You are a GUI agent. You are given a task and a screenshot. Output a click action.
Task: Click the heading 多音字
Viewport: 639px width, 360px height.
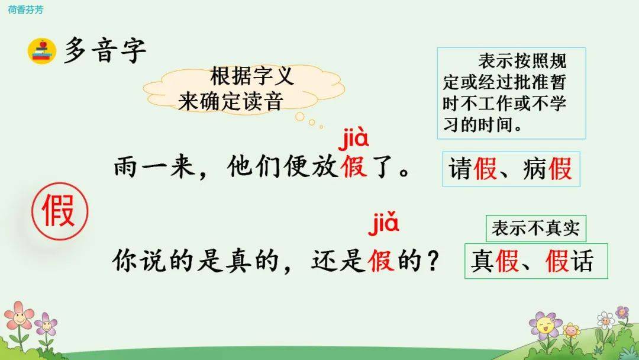pyautogui.click(x=105, y=50)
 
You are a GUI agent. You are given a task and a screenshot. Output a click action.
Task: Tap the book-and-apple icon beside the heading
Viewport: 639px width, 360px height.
pyautogui.click(x=42, y=51)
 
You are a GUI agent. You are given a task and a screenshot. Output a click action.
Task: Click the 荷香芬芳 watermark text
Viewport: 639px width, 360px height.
pyautogui.click(x=25, y=9)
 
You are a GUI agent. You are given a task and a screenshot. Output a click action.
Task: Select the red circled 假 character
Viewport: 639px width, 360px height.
pyautogui.click(x=60, y=211)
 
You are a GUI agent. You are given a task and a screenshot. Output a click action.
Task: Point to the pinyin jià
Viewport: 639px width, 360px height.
pyautogui.click(x=353, y=137)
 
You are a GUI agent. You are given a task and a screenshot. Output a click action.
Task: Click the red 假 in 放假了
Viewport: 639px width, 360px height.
pyautogui.click(x=354, y=166)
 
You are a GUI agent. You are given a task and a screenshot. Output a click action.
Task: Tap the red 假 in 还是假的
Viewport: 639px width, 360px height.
pyautogui.click(x=381, y=260)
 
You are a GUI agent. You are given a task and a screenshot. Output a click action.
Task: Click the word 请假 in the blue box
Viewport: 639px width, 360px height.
pyautogui.click(x=473, y=169)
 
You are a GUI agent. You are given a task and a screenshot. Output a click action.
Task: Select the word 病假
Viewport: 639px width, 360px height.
pyautogui.click(x=548, y=169)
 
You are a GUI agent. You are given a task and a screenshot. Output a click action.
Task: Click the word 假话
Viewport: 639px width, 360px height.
pyautogui.click(x=570, y=261)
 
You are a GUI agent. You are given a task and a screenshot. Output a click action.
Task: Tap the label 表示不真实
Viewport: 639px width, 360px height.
pyautogui.click(x=535, y=229)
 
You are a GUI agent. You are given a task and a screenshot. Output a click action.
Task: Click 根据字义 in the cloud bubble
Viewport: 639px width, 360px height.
pyautogui.click(x=251, y=76)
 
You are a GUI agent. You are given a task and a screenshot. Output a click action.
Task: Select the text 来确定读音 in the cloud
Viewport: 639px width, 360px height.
pyautogui.click(x=230, y=101)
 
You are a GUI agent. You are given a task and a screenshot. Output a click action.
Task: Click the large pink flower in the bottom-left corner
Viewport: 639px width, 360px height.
pyautogui.click(x=18, y=315)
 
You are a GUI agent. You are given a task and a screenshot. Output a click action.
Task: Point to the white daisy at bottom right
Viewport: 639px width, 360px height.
pyautogui.click(x=606, y=320)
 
